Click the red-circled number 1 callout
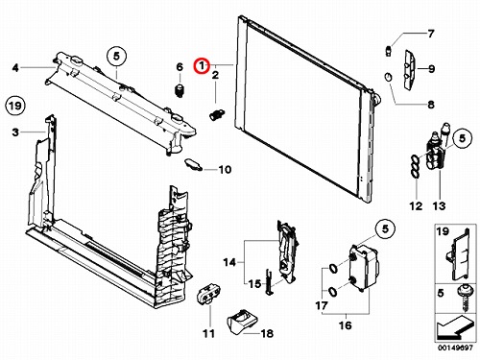point(202,66)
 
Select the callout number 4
point(15,68)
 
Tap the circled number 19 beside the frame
point(15,106)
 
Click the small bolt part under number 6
point(180,90)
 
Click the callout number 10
point(225,169)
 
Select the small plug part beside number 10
point(193,164)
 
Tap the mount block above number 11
point(208,293)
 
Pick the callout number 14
point(229,262)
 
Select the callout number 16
point(345,325)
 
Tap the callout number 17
point(322,305)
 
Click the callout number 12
point(416,205)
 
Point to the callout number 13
point(439,205)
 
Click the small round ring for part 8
point(388,78)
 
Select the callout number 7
point(431,34)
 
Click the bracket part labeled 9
point(411,70)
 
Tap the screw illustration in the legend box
point(463,298)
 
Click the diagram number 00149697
point(455,348)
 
